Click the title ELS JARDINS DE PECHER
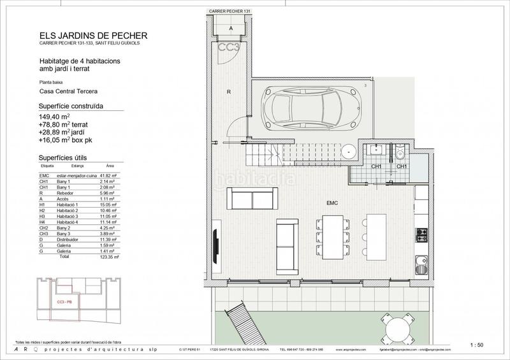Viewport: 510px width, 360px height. (x=85, y=36)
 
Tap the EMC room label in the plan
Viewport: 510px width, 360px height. (x=331, y=203)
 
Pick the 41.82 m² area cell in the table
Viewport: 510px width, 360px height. (x=115, y=175)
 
